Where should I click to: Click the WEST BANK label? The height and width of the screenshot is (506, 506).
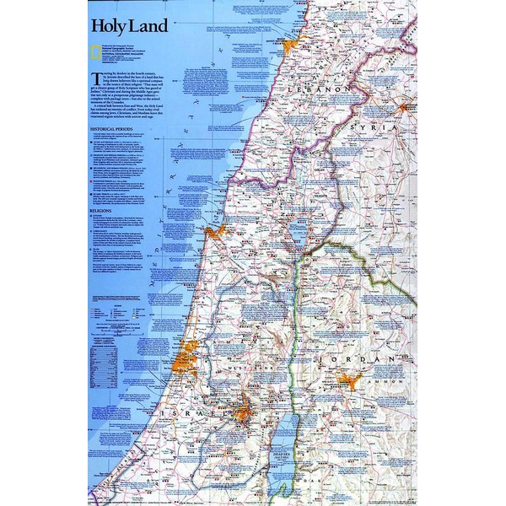pyautogui.click(x=256, y=366)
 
